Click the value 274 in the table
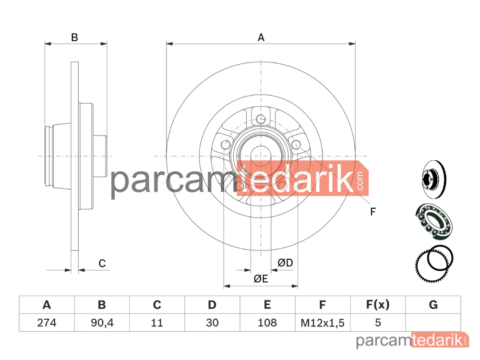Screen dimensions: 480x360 pyautogui.click(x=47, y=323)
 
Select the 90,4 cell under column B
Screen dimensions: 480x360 pyautogui.click(x=102, y=323)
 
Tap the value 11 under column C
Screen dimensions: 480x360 pyautogui.click(x=157, y=323)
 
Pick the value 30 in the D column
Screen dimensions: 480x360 pyautogui.click(x=212, y=323)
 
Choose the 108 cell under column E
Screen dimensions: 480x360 pyautogui.click(x=267, y=323)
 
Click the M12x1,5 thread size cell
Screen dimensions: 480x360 pyautogui.click(x=323, y=323)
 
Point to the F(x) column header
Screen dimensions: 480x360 pyautogui.click(x=378, y=305)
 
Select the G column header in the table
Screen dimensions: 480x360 pyautogui.click(x=433, y=305)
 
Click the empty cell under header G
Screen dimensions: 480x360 pyautogui.click(x=433, y=323)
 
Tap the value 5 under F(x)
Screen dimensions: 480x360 pyautogui.click(x=378, y=323)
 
